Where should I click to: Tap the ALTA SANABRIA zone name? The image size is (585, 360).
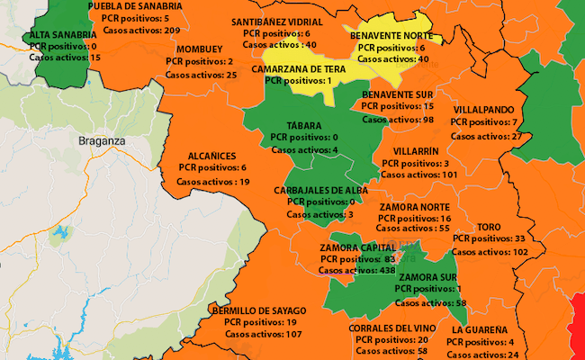(63, 34)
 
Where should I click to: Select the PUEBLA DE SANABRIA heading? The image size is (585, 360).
(135, 6)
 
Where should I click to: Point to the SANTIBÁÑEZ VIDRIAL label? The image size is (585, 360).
(276, 21)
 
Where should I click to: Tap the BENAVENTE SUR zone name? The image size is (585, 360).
(400, 94)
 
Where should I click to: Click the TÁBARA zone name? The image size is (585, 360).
(304, 125)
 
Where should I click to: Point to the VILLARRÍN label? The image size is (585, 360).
(417, 152)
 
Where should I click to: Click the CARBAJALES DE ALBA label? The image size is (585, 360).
(321, 190)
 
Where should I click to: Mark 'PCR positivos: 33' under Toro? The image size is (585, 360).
(489, 238)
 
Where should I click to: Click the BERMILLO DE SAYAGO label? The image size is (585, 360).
(257, 310)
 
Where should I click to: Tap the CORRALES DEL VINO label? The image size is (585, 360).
(392, 328)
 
